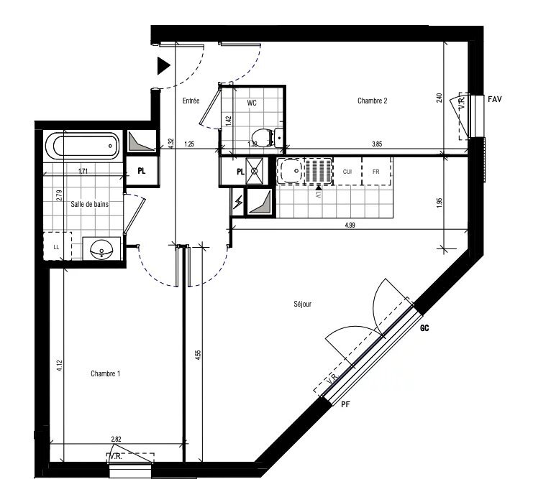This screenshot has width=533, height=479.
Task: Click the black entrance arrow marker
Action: coord(163,66)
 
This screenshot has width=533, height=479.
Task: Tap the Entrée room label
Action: coord(191,101)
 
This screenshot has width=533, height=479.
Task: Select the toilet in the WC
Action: coord(263,135)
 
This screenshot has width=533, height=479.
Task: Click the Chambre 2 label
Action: coord(373,101)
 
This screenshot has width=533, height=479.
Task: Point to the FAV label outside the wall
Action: coord(494,98)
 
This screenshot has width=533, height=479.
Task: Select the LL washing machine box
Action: coord(57,248)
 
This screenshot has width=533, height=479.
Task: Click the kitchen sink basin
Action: coord(291,171)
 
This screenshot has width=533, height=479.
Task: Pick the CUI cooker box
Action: coord(347,172)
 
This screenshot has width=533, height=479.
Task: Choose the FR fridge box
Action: coord(375,172)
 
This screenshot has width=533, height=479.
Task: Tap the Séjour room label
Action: coord(303,304)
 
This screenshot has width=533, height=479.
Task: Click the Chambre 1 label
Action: coord(105,373)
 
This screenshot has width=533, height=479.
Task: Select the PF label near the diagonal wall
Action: coord(345,404)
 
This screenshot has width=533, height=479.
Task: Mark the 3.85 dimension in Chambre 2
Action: coord(376,144)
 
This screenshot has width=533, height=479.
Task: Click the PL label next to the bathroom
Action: coord(142,172)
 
